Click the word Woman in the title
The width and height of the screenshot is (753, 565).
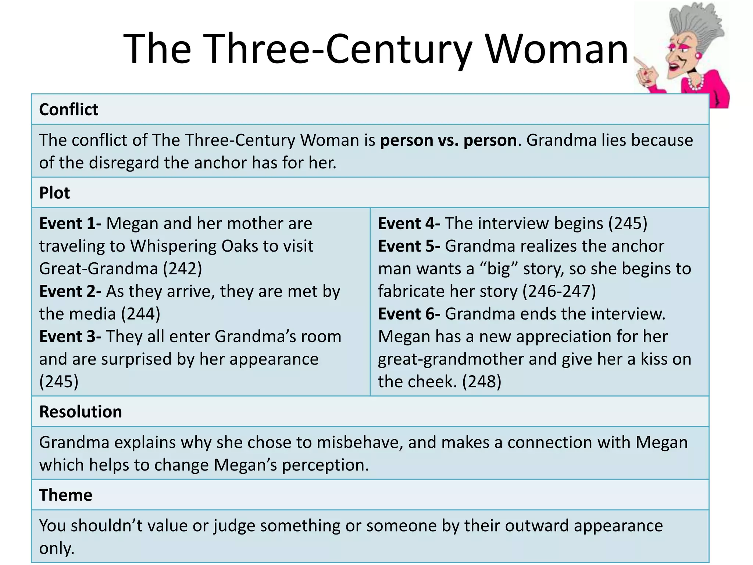click(557, 49)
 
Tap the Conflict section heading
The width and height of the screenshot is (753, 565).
click(69, 110)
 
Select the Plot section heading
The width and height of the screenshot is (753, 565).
click(54, 193)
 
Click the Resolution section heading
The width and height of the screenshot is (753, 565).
click(81, 412)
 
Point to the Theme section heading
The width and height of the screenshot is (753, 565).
click(66, 495)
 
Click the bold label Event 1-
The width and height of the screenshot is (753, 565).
click(70, 224)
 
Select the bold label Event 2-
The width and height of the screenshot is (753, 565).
click(70, 291)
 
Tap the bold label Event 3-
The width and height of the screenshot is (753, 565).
click(70, 337)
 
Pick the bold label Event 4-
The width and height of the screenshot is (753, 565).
click(409, 224)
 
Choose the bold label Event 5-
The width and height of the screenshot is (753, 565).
click(409, 246)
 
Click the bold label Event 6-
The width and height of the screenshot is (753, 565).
click(409, 314)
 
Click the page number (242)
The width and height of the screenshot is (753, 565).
click(183, 269)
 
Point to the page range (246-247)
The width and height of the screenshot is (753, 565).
click(559, 291)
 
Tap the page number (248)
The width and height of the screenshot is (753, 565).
click(482, 382)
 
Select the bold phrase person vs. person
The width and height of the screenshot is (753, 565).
click(448, 141)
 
